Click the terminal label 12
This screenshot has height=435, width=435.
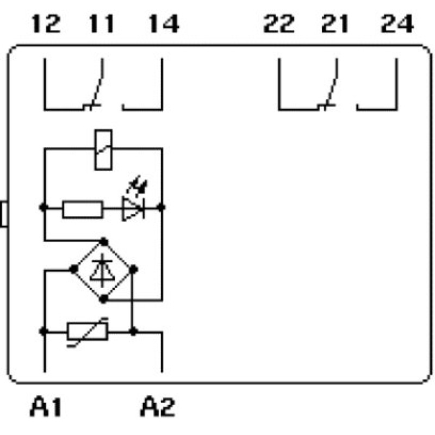[x=46, y=24]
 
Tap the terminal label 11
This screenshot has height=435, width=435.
[x=101, y=24]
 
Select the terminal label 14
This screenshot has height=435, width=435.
[x=164, y=24]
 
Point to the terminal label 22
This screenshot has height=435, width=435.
[x=279, y=24]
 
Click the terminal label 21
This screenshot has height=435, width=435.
[x=334, y=24]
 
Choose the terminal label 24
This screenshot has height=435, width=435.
[x=397, y=24]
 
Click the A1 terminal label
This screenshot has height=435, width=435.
[x=46, y=407]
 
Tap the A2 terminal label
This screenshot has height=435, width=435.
[x=158, y=407]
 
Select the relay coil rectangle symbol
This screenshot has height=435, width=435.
[x=103, y=150]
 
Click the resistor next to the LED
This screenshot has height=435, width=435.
[x=83, y=209]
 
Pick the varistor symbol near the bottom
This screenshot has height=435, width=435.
[x=88, y=331]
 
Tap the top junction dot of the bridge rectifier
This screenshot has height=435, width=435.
[x=103, y=241]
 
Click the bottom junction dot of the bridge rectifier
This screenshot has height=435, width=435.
[x=103, y=299]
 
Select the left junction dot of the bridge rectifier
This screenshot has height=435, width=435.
[x=73, y=269]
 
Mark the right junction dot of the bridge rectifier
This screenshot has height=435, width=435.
[x=133, y=269]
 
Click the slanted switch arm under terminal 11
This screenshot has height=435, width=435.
[x=98, y=82]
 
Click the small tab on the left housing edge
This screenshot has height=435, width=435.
[x=4, y=214]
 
